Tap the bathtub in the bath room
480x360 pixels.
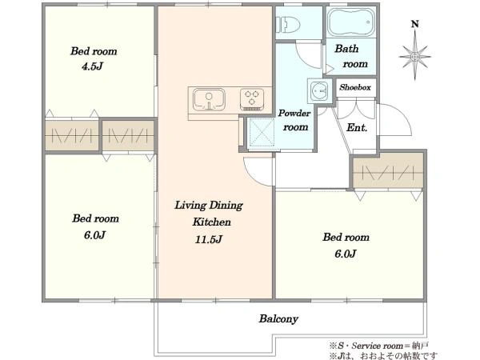(x=351, y=22)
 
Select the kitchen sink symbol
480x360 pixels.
(x=209, y=99)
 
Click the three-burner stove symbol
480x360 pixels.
(x=252, y=99)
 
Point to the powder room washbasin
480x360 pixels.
(x=319, y=90)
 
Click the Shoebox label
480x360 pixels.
(x=355, y=87)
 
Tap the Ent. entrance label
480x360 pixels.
(x=357, y=127)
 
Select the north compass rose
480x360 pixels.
(x=414, y=57)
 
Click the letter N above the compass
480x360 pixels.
(x=414, y=24)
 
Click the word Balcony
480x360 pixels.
(x=278, y=319)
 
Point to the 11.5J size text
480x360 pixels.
(x=209, y=239)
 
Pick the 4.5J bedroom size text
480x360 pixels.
(x=92, y=66)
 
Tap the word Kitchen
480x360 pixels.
(x=211, y=222)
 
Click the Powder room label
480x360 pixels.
(x=294, y=120)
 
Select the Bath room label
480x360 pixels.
(x=351, y=56)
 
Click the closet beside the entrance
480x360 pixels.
(x=388, y=171)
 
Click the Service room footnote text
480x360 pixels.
(x=379, y=346)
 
